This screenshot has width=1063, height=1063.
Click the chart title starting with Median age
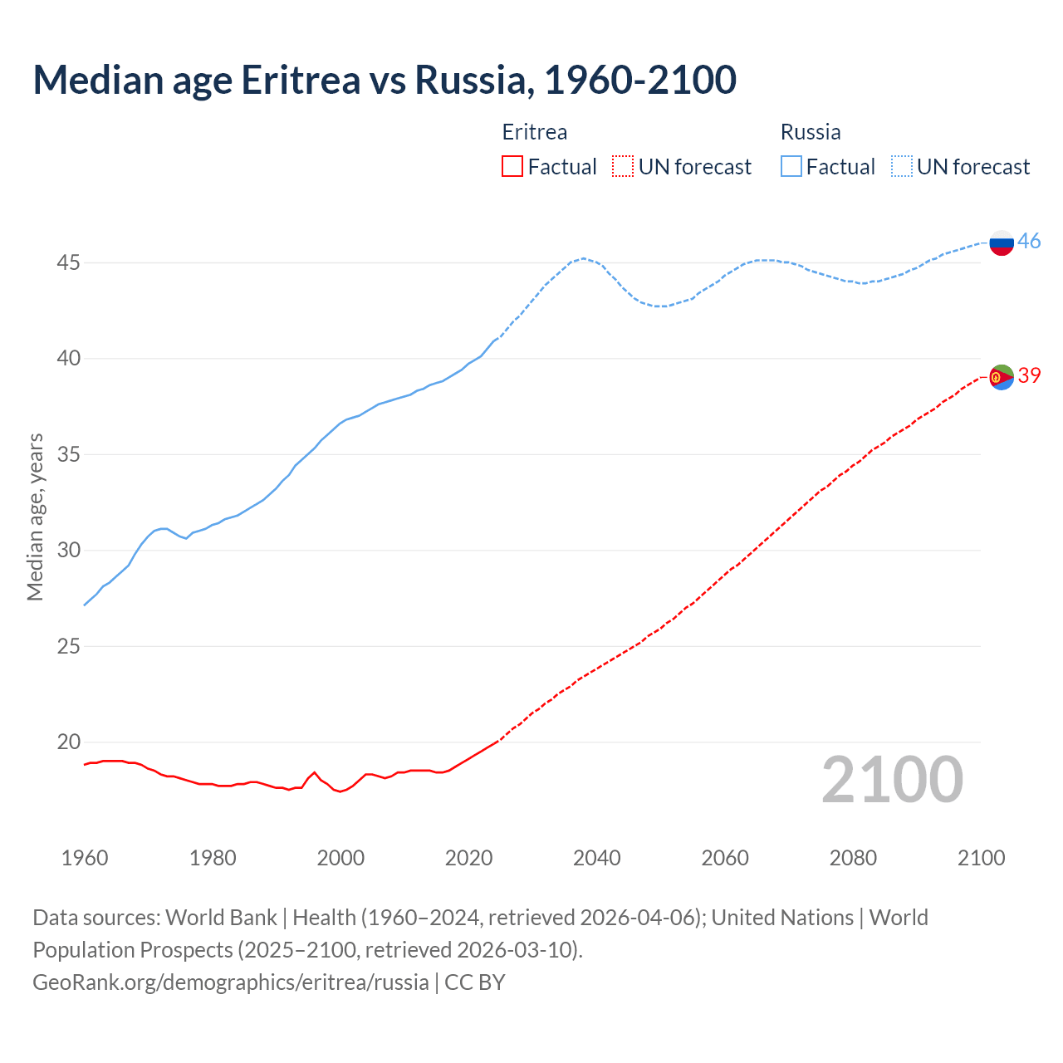(385, 80)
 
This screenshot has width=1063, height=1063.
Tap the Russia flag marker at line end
(1002, 242)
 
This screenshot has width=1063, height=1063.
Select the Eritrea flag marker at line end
(1002, 377)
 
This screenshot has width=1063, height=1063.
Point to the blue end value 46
(1029, 241)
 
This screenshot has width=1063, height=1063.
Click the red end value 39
(1029, 375)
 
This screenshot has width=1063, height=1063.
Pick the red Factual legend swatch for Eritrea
(512, 166)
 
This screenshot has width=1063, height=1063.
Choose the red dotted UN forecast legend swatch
(623, 166)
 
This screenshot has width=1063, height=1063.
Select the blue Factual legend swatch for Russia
(791, 166)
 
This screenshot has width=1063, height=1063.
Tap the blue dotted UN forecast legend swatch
(902, 166)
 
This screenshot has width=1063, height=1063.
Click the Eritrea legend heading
(535, 132)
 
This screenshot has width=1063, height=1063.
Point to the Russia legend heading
(811, 132)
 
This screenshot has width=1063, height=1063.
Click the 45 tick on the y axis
(68, 263)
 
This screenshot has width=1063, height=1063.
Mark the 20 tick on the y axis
(68, 742)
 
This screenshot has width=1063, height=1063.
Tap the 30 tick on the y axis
(68, 551)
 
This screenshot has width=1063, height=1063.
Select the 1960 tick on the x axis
(85, 858)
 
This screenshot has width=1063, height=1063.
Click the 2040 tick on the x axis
(597, 858)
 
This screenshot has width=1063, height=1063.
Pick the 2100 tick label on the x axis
(981, 858)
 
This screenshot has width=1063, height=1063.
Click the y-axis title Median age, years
(35, 517)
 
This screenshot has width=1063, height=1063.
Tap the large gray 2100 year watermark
(892, 780)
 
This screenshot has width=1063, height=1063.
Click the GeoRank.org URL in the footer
(231, 982)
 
